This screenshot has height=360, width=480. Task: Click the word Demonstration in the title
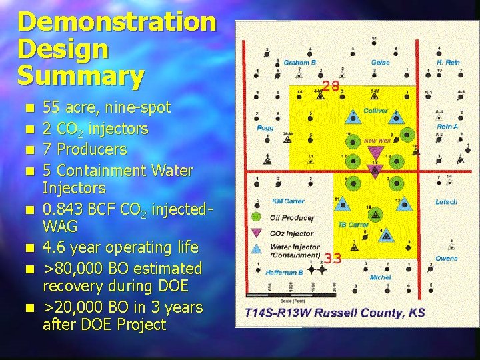click(x=117, y=22)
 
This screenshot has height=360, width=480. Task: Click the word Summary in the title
click(x=80, y=75)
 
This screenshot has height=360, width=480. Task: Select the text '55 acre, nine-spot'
click(x=106, y=107)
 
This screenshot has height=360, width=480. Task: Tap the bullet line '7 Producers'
click(x=84, y=148)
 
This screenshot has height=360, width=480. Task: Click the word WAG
click(x=61, y=227)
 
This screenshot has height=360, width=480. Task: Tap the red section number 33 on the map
click(x=332, y=258)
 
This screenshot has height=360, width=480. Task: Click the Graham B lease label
click(x=299, y=63)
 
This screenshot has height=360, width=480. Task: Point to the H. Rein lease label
click(x=448, y=62)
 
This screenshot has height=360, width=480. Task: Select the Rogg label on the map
click(x=265, y=127)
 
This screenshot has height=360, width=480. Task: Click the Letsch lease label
click(x=447, y=202)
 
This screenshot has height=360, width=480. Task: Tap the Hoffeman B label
click(x=284, y=272)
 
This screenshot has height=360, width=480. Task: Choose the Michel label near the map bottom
click(x=380, y=277)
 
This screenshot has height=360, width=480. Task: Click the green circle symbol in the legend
click(x=255, y=217)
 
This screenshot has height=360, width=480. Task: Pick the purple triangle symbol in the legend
click(x=255, y=233)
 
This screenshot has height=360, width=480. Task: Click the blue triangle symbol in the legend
click(x=255, y=249)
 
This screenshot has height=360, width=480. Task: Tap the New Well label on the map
click(x=378, y=141)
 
